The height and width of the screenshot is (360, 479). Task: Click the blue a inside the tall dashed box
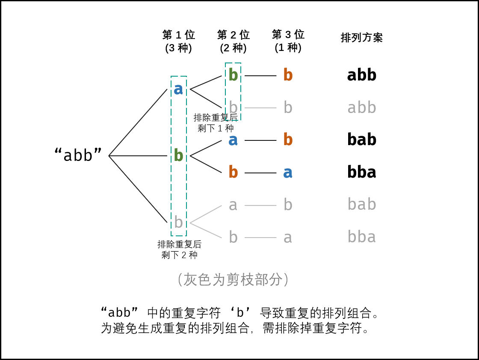pos(178,89)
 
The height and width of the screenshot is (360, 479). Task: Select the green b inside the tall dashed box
pos(178,155)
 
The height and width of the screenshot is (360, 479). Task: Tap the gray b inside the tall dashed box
pos(178,222)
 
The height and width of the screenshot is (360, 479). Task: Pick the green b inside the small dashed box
pos(233,75)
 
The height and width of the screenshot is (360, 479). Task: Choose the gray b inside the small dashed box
pos(233,107)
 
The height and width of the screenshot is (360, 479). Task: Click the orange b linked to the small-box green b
pos(288,75)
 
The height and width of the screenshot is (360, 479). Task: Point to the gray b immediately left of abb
pos(288,107)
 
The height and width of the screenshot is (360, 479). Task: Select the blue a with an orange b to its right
pos(233,140)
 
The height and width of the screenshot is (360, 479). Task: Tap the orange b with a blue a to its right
pos(233,172)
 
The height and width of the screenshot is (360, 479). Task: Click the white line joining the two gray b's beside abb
pos(260,107)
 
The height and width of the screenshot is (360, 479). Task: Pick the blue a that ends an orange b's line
pos(288,173)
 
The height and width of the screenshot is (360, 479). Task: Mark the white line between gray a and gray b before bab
pos(260,205)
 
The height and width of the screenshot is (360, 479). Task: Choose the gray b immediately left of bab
pos(288,205)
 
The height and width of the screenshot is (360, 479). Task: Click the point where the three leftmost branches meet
pos(109,155)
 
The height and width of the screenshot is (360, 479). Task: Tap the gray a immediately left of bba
pos(288,237)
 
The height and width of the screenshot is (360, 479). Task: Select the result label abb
pos(361,107)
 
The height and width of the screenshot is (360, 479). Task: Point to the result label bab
pos(361,205)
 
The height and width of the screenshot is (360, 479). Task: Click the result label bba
pos(361,237)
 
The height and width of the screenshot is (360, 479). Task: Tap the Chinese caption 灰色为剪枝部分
pos(233,280)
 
